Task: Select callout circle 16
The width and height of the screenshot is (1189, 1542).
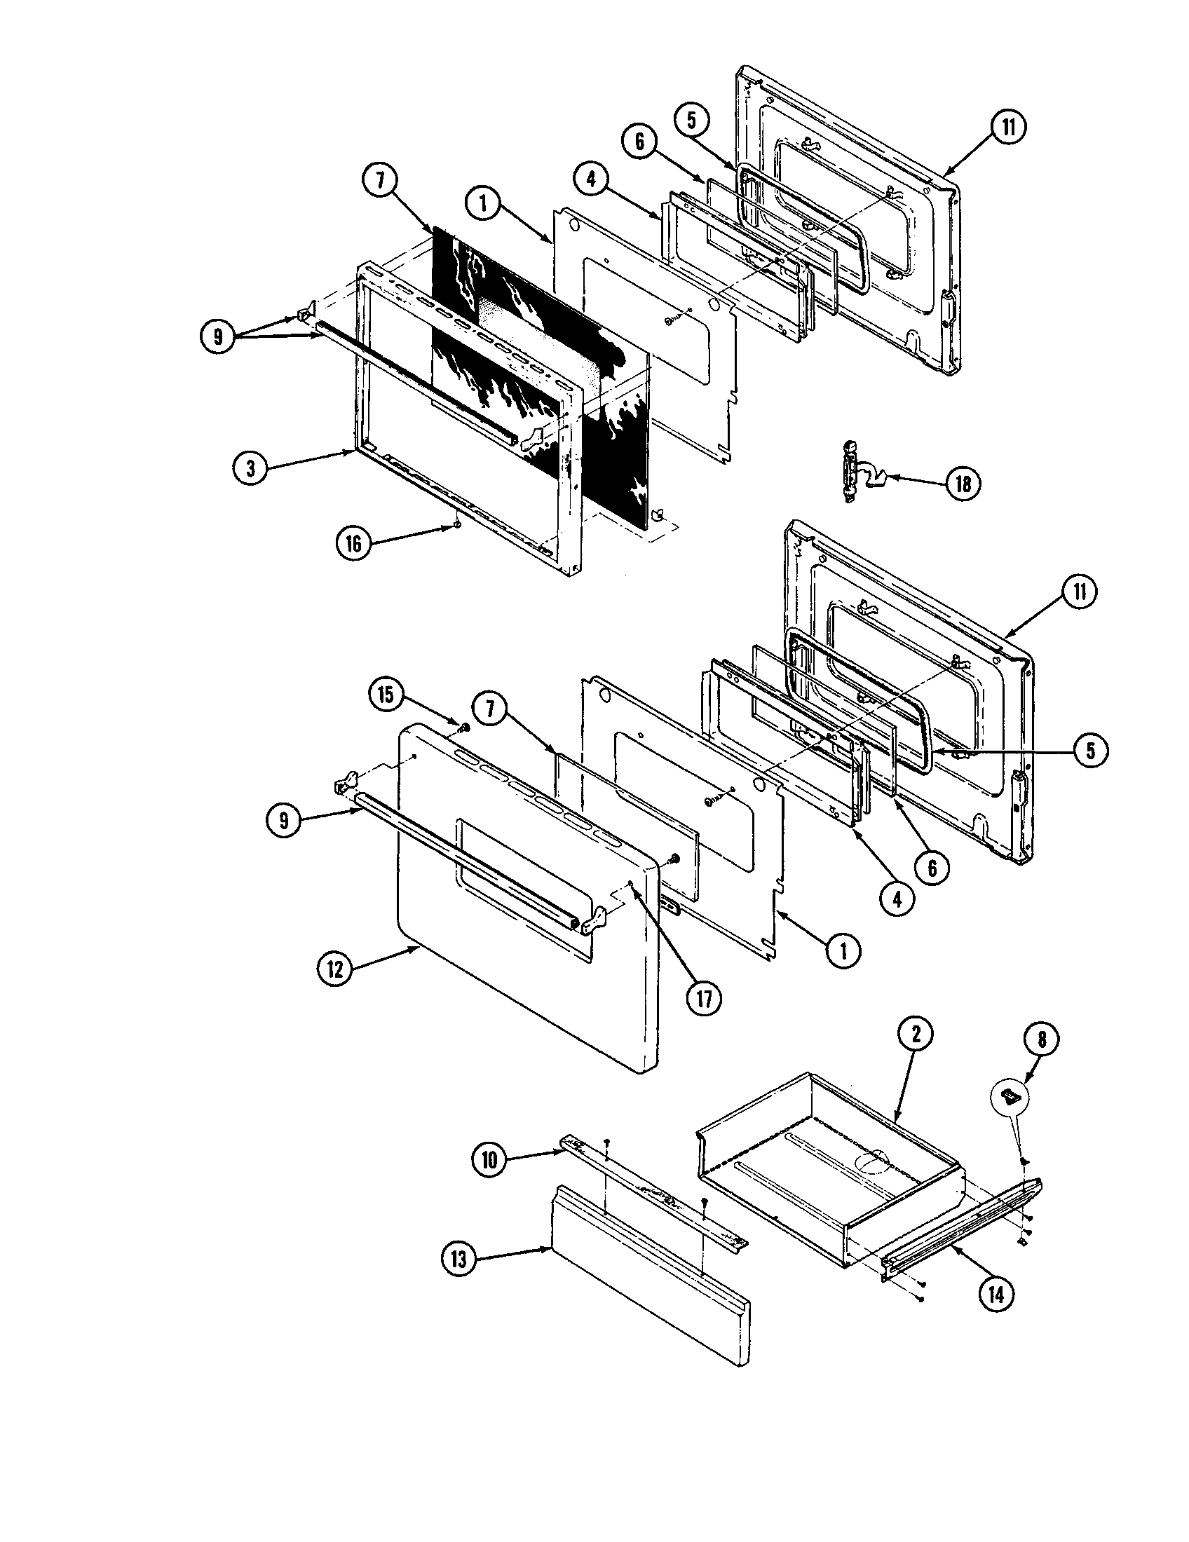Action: coord(353,544)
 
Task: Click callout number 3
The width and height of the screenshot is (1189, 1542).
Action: coord(252,468)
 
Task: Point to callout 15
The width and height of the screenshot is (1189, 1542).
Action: coord(386,695)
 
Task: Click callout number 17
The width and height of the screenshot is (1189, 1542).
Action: coord(703,999)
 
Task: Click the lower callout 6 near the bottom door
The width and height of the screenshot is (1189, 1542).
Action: coord(932,868)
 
